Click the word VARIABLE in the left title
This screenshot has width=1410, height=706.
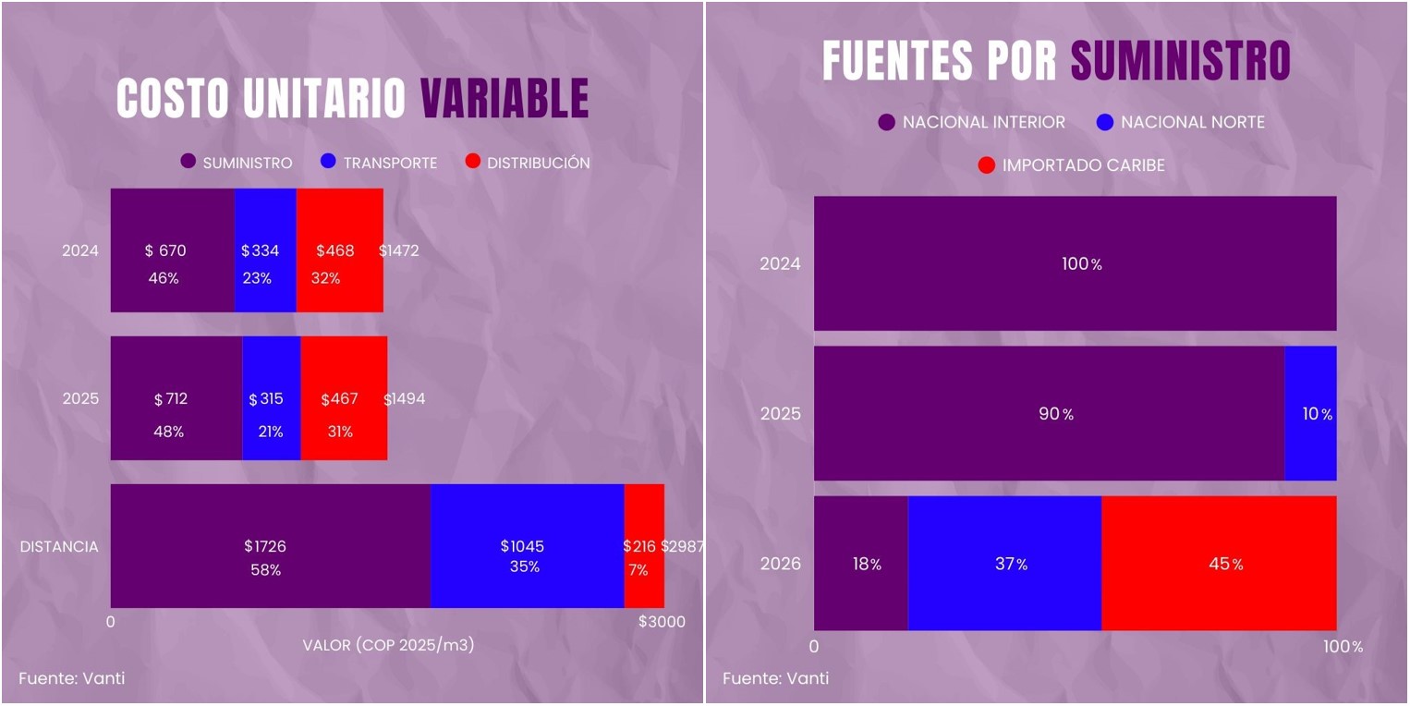504,98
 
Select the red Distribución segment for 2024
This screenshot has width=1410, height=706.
339,250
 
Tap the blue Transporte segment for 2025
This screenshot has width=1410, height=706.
271,398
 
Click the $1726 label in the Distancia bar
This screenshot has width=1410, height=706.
265,546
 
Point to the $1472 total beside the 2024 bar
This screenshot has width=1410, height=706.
400,250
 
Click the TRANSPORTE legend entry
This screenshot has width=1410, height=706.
379,163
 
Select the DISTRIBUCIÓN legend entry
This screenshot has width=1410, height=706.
527,163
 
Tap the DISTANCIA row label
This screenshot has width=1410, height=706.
59,546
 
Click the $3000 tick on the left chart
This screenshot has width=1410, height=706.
662,622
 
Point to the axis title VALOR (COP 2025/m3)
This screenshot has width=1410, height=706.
388,645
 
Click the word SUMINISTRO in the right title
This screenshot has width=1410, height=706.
1180,61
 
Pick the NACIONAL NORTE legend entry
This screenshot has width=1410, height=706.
1180,122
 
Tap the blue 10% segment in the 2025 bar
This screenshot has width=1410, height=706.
1310,414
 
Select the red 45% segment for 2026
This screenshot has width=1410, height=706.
1219,564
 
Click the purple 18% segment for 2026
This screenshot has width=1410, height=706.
860,564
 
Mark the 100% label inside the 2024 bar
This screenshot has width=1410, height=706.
1081,263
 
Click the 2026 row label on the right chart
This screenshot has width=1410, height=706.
780,564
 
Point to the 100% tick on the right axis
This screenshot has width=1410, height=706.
1343,647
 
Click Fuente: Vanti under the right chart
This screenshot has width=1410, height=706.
775,678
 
